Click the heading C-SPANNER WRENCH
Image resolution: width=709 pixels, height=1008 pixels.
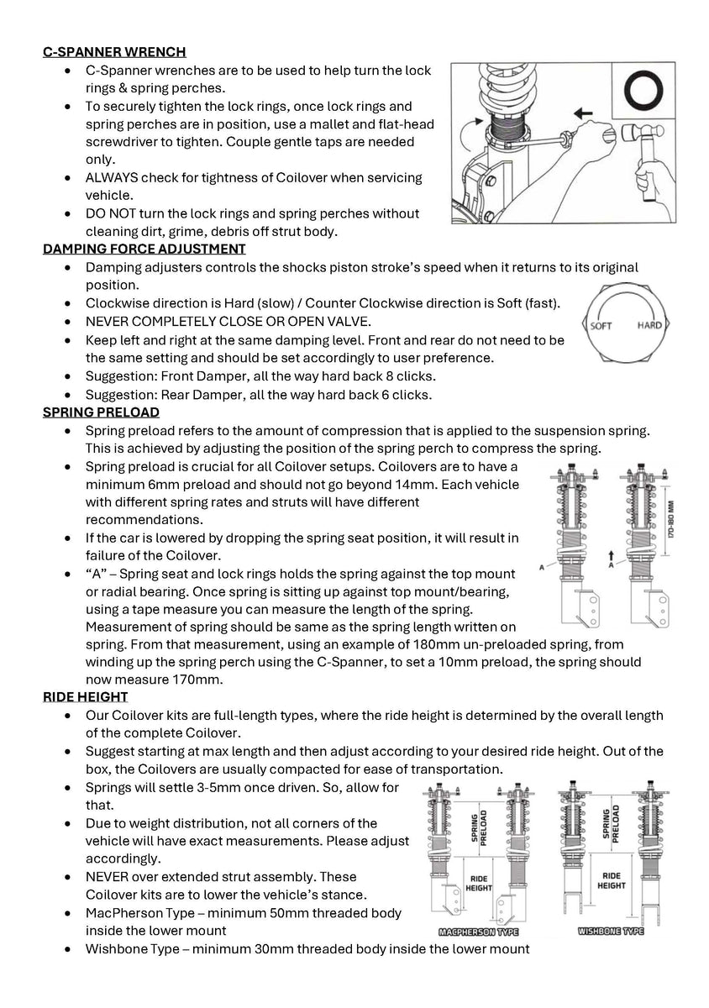[x=114, y=52]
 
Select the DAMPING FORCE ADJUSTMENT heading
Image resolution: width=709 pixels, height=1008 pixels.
[x=144, y=249]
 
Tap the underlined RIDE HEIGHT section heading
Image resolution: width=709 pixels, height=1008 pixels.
[x=86, y=696]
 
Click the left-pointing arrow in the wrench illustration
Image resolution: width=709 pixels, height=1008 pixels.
[x=580, y=111]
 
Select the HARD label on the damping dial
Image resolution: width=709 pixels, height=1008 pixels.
[x=649, y=325]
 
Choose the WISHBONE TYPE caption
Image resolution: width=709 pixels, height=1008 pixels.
[x=611, y=932]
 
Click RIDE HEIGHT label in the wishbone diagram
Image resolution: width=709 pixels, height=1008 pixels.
[x=612, y=879]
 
